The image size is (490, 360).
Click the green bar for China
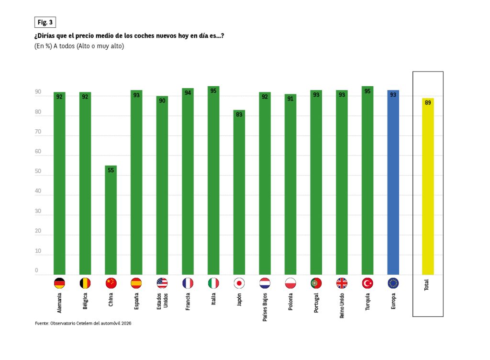(x=111, y=220)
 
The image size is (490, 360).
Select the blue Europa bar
(x=393, y=182)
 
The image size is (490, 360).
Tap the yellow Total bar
(x=428, y=187)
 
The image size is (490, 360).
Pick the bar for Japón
(x=239, y=191)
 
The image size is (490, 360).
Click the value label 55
(x=111, y=170)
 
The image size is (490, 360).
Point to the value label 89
(x=428, y=103)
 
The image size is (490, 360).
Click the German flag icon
(x=59, y=283)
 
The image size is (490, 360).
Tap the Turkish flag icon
(x=367, y=283)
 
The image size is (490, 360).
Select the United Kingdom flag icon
(x=342, y=283)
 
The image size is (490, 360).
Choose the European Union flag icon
(x=393, y=283)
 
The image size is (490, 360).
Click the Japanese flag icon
(x=239, y=283)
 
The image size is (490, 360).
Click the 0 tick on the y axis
(x=36, y=271)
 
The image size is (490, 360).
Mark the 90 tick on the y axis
(x=37, y=92)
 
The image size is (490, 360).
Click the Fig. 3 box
(x=45, y=22)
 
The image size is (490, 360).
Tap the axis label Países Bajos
(x=265, y=306)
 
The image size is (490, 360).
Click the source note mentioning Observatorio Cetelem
(x=83, y=324)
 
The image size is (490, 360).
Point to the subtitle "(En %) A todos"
(x=79, y=46)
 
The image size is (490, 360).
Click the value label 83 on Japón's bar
(x=239, y=115)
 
